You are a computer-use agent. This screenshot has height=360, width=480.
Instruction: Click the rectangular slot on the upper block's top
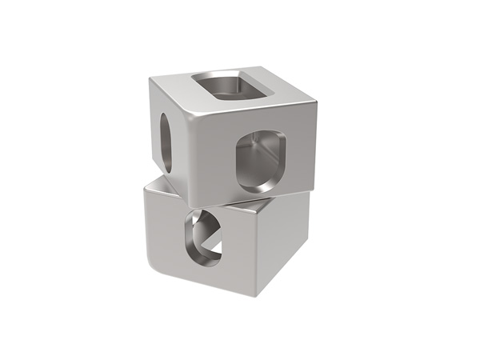232,86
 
